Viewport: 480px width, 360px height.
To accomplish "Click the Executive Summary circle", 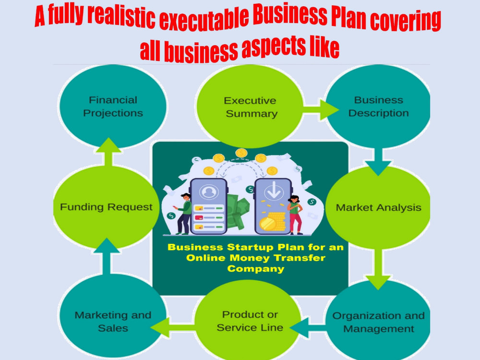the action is click(x=250, y=107).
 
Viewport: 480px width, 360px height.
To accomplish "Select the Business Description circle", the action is click(x=378, y=107).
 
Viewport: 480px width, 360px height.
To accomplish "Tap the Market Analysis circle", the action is click(x=378, y=207).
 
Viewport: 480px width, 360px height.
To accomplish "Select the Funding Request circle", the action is click(x=106, y=207).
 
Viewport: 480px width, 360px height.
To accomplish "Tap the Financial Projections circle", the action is click(x=113, y=107).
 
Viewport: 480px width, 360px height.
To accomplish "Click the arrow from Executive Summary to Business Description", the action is click(x=321, y=110).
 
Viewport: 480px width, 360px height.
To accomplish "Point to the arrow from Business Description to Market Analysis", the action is click(x=378, y=162).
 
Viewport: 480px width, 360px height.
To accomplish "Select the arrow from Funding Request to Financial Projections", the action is click(x=108, y=152).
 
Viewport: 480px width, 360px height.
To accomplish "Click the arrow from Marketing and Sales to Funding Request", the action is click(x=106, y=256).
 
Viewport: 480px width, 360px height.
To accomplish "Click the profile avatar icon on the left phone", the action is click(x=209, y=192).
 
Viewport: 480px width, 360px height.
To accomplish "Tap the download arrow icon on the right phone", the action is click(x=274, y=190).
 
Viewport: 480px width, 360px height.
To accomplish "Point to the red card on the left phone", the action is click(x=199, y=218).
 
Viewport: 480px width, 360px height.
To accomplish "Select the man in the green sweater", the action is click(x=183, y=214).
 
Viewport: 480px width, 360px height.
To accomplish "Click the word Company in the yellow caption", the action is click(x=256, y=269).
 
